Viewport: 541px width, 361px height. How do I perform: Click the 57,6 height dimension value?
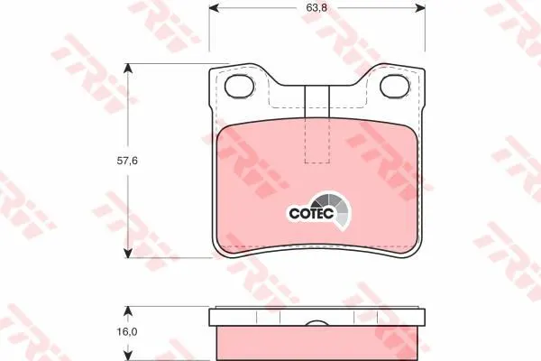(127, 161)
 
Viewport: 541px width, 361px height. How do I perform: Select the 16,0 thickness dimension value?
(127, 332)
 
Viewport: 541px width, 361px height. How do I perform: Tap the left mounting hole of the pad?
(240, 86)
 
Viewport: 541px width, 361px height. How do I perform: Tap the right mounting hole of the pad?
(395, 86)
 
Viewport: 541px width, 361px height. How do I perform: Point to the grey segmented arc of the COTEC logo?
(338, 209)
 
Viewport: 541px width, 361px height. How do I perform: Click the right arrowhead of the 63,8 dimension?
(419, 7)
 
